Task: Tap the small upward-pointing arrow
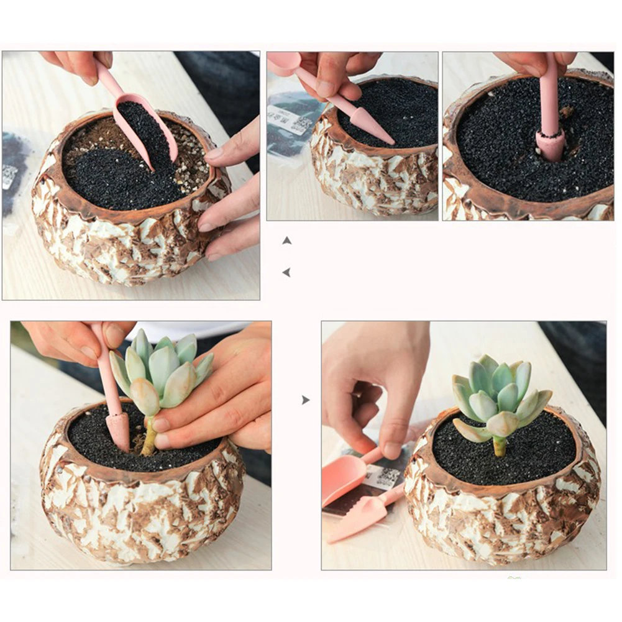tap(286, 240)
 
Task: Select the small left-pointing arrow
tap(286, 272)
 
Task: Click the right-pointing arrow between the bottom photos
tap(305, 400)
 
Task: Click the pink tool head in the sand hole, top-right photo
tap(551, 144)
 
